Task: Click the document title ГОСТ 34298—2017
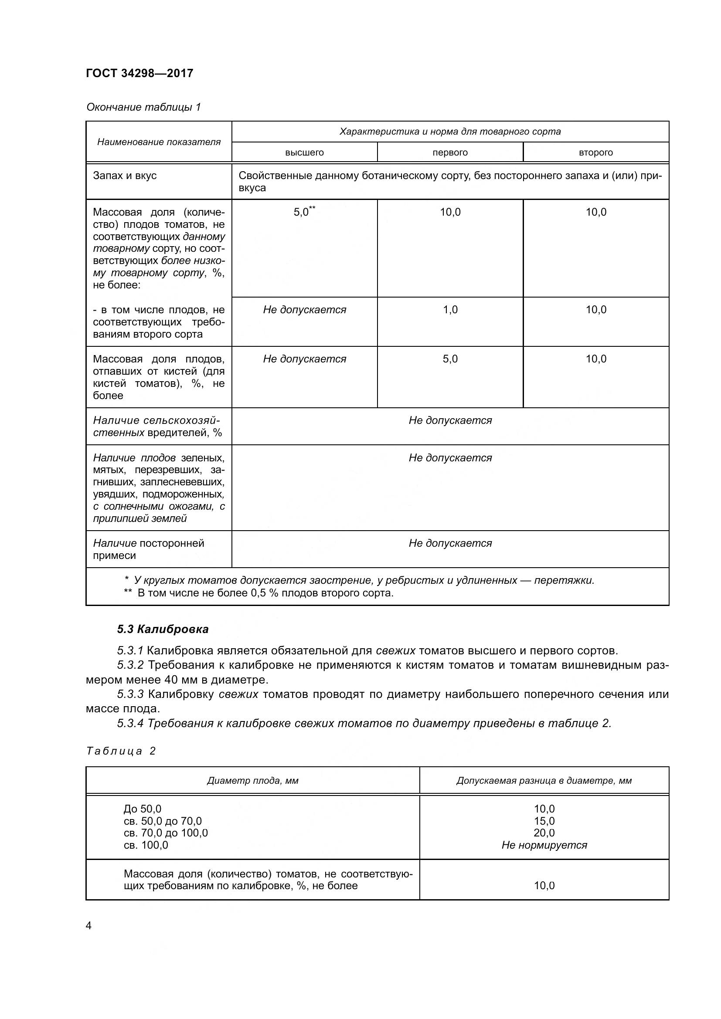pyautogui.click(x=139, y=73)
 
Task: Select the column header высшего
pyautogui.click(x=304, y=152)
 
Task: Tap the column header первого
pyautogui.click(x=450, y=152)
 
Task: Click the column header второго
pyautogui.click(x=595, y=152)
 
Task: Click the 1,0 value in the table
pyautogui.click(x=450, y=310)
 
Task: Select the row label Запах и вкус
pyautogui.click(x=125, y=176)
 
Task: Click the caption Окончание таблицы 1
pyautogui.click(x=143, y=107)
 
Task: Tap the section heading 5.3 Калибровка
pyautogui.click(x=163, y=630)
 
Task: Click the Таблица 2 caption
pyautogui.click(x=121, y=751)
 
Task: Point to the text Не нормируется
pyautogui.click(x=544, y=845)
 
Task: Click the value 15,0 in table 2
pyautogui.click(x=544, y=821)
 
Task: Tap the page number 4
pyautogui.click(x=88, y=926)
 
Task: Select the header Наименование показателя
pyautogui.click(x=159, y=142)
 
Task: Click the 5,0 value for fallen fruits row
pyautogui.click(x=450, y=359)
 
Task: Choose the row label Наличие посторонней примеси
pyautogui.click(x=148, y=549)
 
